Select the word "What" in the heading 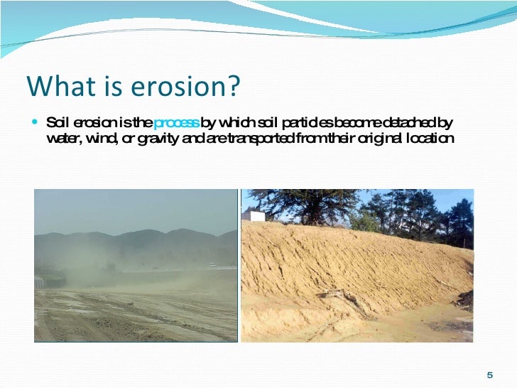pyautogui.click(x=53, y=87)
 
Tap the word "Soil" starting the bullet pyautogui.click(x=57, y=122)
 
